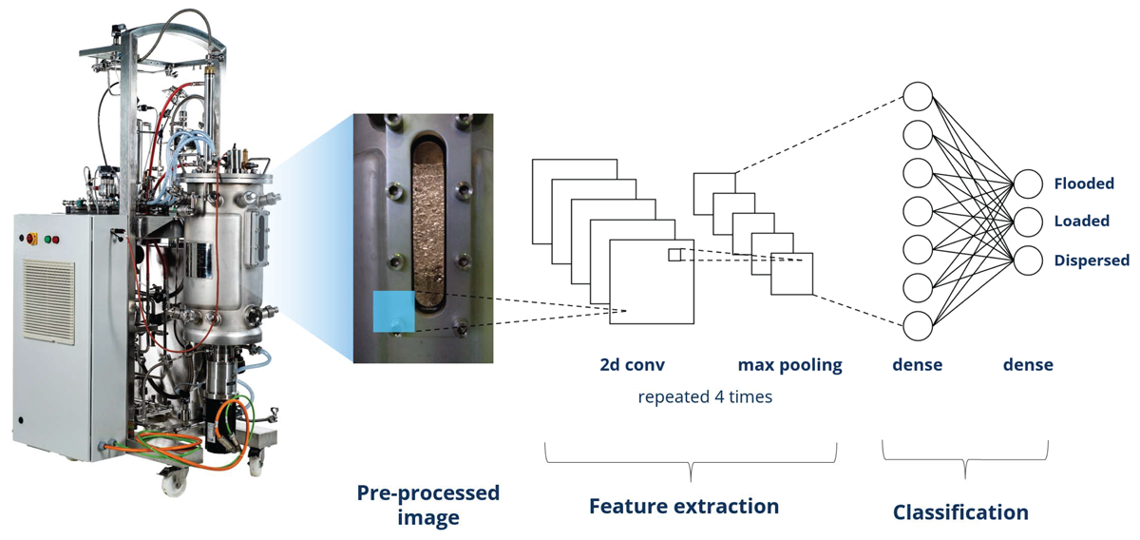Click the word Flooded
1084,183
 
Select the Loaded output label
1082,222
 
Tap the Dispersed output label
1092,260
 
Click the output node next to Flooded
1028,183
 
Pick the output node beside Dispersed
1028,260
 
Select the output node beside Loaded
1028,222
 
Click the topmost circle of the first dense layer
918,96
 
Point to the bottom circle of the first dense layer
918,325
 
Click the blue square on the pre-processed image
394,311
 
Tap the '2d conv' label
632,365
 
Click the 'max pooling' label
789,365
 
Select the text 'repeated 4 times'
705,396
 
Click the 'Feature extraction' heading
684,507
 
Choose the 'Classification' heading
960,512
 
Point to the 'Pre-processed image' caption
428,505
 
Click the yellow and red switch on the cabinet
31,238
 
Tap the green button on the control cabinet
47,239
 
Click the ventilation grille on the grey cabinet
48,301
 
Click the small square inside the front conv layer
674,255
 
